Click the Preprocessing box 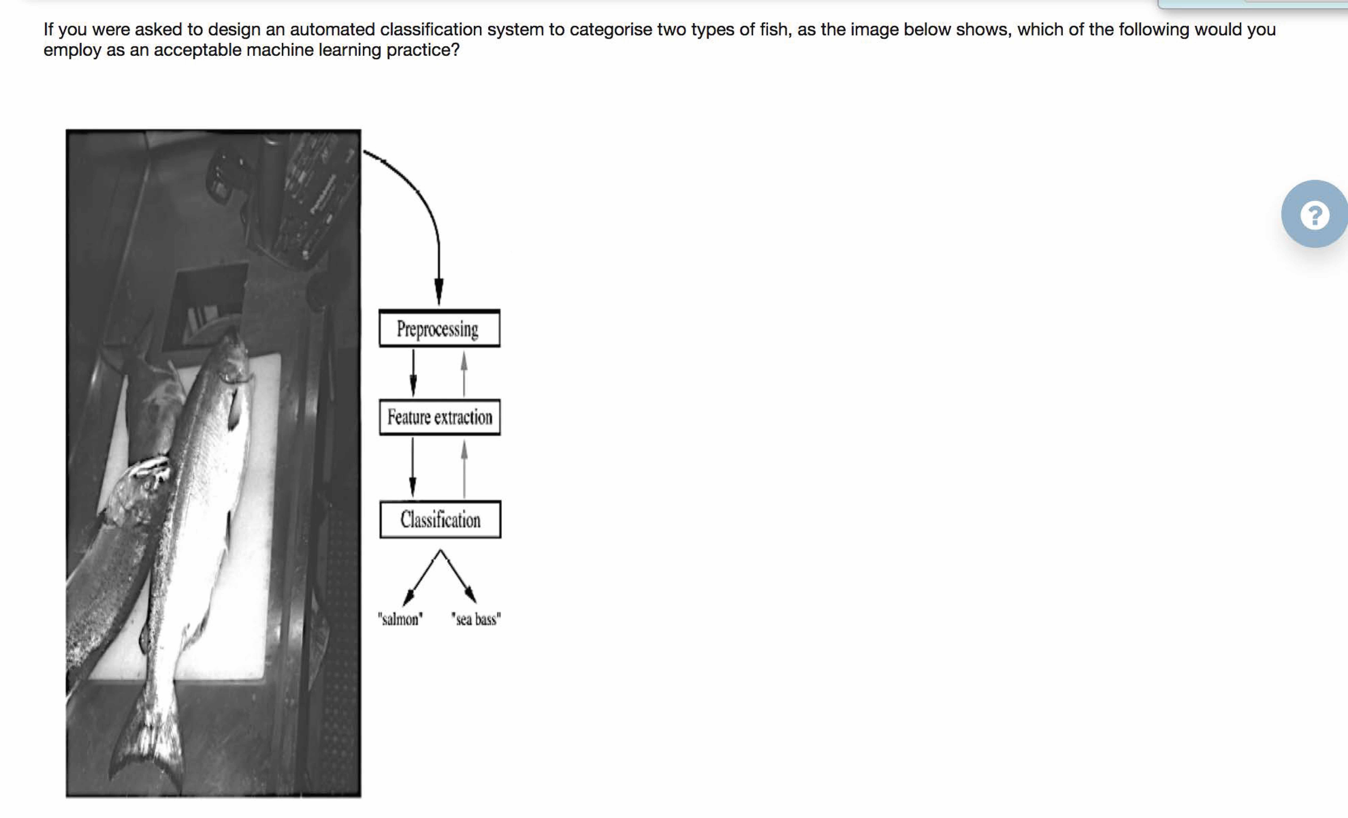click(x=439, y=328)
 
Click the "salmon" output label click(x=400, y=619)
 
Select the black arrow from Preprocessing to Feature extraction click(x=413, y=373)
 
